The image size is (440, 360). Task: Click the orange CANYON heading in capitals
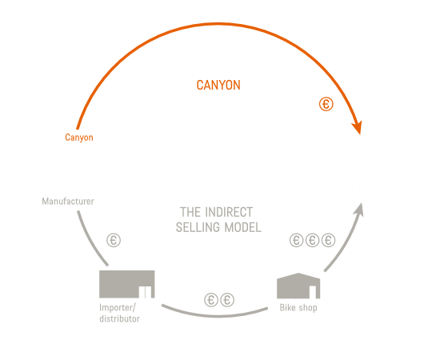click(x=218, y=85)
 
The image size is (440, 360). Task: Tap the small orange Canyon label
click(x=79, y=138)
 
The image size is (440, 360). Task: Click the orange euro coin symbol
click(x=326, y=104)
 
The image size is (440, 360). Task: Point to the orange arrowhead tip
click(x=360, y=134)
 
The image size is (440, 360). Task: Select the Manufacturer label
click(x=68, y=201)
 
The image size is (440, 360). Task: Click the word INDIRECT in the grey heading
click(x=229, y=212)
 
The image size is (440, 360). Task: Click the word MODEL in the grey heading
click(x=243, y=227)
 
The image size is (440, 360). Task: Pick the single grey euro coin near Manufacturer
click(x=114, y=241)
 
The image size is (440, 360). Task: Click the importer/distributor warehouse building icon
click(x=127, y=284)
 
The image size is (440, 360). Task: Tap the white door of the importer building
click(x=145, y=292)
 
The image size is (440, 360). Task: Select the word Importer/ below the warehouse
click(x=118, y=308)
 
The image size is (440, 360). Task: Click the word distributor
click(x=119, y=318)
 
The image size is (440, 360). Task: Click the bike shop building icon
click(x=298, y=286)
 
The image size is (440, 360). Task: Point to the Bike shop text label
click(x=298, y=307)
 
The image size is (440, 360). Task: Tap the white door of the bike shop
click(x=313, y=292)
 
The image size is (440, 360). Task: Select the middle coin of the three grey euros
click(x=312, y=241)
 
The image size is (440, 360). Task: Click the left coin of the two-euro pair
click(x=211, y=300)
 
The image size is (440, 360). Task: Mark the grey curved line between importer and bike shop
click(x=214, y=316)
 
